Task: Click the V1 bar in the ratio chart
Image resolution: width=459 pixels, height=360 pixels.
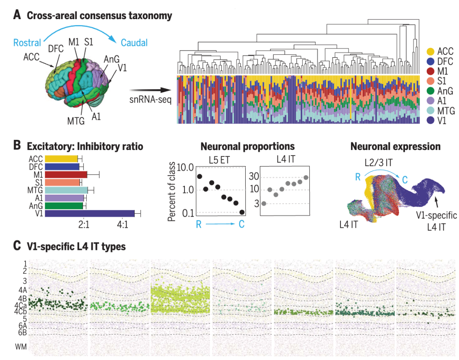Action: (x=89, y=214)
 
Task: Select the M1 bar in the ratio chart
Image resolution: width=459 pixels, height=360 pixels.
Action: (x=66, y=174)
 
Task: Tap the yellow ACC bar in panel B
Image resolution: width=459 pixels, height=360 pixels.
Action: (x=61, y=159)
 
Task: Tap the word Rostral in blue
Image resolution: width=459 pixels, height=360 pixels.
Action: (x=27, y=43)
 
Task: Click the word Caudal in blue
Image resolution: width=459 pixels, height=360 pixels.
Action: (x=134, y=43)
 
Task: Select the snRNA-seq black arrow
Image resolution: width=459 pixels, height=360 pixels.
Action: (x=151, y=90)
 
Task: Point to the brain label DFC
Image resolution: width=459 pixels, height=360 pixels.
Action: (x=56, y=48)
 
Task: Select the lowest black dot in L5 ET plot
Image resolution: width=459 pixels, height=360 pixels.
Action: (x=242, y=212)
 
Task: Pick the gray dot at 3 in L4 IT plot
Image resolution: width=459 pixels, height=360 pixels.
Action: (x=264, y=204)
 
